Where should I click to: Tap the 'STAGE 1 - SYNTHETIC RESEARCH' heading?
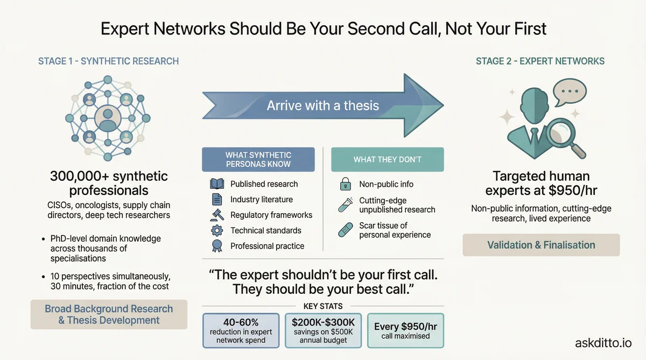tap(108, 61)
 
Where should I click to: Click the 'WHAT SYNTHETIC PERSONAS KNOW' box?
tap(258, 159)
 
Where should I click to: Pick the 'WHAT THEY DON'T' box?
tap(387, 159)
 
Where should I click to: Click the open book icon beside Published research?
tap(216, 184)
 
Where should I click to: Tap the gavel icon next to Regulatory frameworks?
tap(216, 215)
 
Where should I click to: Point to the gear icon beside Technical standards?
tap(216, 231)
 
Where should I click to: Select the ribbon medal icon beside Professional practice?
tap(216, 246)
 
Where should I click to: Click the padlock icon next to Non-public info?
tap(345, 184)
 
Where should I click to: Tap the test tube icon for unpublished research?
tap(345, 204)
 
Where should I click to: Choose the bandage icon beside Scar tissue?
tap(345, 230)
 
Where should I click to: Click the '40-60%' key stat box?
tap(241, 330)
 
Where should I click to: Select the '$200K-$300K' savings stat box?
tap(324, 330)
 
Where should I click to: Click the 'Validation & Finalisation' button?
tap(541, 245)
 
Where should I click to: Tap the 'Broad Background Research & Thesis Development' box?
tap(109, 315)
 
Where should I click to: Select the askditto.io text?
tap(603, 342)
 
